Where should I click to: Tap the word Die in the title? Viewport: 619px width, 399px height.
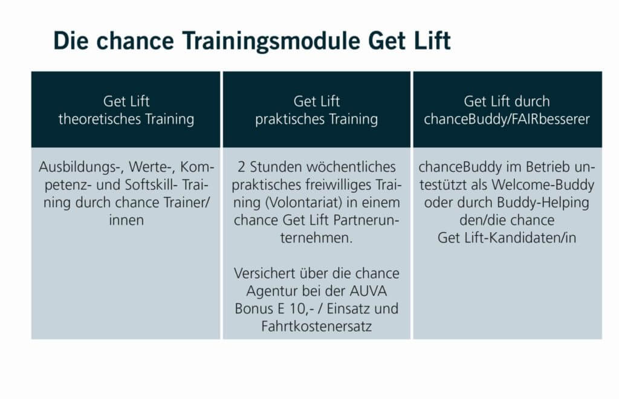tap(71, 40)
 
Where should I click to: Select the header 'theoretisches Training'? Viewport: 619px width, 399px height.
tap(126, 118)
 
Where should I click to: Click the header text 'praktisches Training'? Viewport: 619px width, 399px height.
tap(317, 119)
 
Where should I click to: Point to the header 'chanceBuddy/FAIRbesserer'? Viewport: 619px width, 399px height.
tap(507, 119)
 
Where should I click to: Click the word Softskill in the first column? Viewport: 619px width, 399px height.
tap(152, 185)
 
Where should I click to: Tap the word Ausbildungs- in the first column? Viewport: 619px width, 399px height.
tap(81, 167)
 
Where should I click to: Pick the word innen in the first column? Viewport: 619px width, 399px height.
tap(126, 220)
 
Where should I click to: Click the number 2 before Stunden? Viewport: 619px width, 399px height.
tap(241, 167)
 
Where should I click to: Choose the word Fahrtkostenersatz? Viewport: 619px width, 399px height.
tap(317, 327)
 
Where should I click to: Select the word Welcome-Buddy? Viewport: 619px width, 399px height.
tap(543, 185)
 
